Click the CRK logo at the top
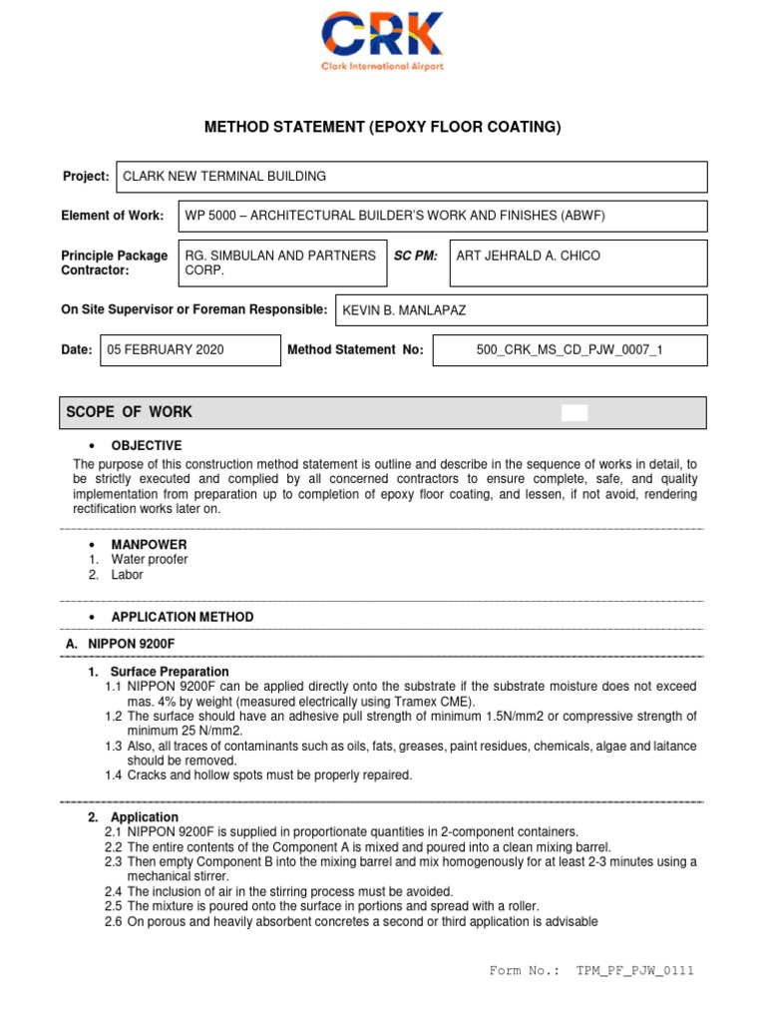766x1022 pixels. pos(382,40)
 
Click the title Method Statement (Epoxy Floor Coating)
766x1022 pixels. pos(383,127)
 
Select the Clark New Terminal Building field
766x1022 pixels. pos(411,177)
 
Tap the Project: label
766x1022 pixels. pos(86,177)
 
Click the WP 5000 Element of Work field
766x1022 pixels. pos(442,216)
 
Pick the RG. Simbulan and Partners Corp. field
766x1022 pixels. pos(281,263)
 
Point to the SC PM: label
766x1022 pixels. pos(415,256)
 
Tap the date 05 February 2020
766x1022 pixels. pos(191,350)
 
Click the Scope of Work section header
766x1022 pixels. pos(130,412)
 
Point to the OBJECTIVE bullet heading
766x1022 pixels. pos(146,446)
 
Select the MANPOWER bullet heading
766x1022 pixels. pos(149,544)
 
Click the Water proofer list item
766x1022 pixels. pos(149,560)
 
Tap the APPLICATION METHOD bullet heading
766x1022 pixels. pos(182,617)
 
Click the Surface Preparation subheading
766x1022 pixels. pos(170,672)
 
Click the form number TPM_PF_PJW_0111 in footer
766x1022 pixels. pos(634,971)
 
